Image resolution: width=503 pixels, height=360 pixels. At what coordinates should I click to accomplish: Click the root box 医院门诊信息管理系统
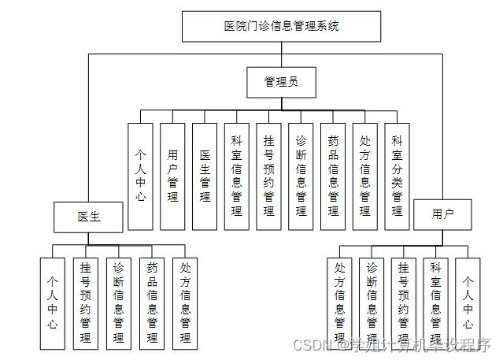[x=281, y=26]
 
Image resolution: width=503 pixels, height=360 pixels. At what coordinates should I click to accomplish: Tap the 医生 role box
[x=88, y=216]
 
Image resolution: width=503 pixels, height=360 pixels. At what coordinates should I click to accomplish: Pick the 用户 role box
[x=442, y=213]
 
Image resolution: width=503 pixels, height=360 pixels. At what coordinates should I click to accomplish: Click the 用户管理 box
[x=172, y=176]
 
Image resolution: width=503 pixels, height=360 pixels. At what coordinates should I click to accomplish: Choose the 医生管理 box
[x=205, y=176]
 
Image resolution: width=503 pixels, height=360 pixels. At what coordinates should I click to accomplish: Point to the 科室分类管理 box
[x=398, y=176]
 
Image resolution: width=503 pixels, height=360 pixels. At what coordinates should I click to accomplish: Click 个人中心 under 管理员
[x=140, y=176]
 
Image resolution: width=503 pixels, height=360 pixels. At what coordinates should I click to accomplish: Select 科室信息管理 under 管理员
[x=237, y=176]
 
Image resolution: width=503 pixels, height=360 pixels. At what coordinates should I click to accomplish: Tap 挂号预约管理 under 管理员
[x=269, y=176]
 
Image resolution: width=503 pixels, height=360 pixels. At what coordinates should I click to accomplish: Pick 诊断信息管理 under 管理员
[x=301, y=176]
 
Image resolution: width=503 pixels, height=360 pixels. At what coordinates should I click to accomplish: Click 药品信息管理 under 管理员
[x=333, y=176]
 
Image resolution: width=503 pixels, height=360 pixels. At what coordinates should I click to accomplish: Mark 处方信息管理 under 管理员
[x=365, y=176]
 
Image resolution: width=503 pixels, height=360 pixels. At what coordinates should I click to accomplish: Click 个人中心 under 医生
[x=53, y=303]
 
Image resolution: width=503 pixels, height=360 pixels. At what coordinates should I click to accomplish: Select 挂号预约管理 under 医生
[x=85, y=303]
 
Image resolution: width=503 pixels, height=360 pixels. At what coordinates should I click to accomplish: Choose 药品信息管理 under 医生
[x=152, y=303]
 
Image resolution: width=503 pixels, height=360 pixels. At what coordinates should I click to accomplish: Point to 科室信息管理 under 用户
[x=435, y=303]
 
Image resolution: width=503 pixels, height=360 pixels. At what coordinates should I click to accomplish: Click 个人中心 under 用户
[x=468, y=303]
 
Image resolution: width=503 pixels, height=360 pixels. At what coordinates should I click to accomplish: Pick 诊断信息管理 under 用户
[x=372, y=303]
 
